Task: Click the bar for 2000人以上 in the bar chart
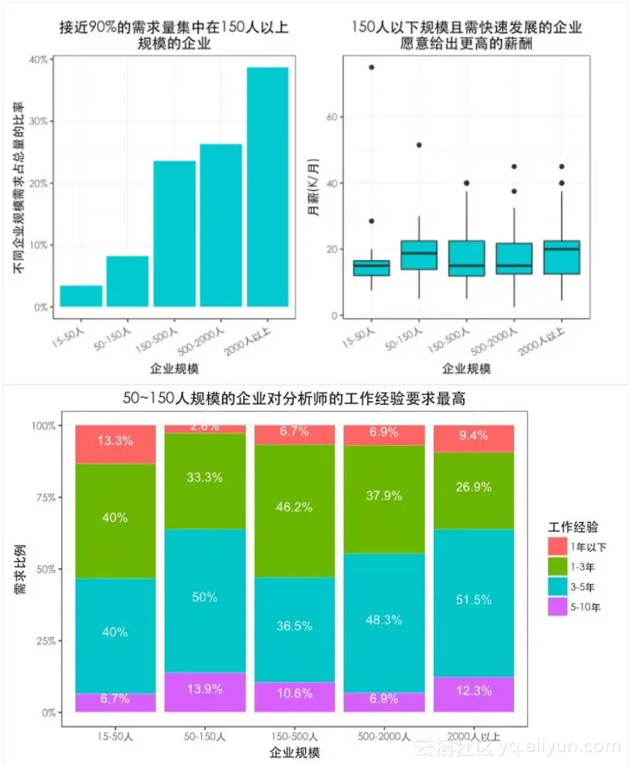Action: pyautogui.click(x=267, y=186)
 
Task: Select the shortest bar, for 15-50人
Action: pyautogui.click(x=81, y=296)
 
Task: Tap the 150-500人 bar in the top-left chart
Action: pyautogui.click(x=174, y=233)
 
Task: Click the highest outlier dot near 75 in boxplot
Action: pyautogui.click(x=371, y=67)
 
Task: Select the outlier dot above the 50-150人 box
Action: pyautogui.click(x=419, y=145)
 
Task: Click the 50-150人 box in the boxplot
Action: pyautogui.click(x=419, y=255)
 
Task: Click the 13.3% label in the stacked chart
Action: pyautogui.click(x=115, y=441)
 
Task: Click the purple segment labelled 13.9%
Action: pyautogui.click(x=204, y=689)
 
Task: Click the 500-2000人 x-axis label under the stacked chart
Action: pyautogui.click(x=384, y=736)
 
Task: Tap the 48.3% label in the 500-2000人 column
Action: pyautogui.click(x=384, y=620)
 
